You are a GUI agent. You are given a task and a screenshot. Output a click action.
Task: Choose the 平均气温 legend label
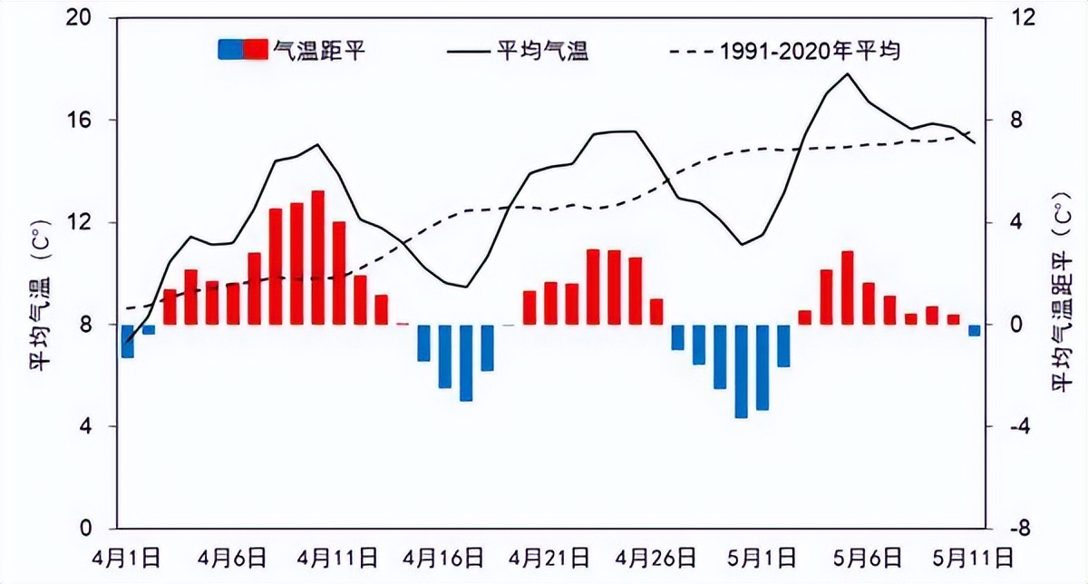pyautogui.click(x=543, y=50)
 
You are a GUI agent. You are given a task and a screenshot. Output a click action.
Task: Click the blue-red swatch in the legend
pyautogui.click(x=243, y=50)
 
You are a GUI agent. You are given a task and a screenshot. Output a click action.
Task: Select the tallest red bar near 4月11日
pyautogui.click(x=318, y=258)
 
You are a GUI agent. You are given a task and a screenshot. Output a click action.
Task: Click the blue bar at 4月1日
pyautogui.click(x=128, y=341)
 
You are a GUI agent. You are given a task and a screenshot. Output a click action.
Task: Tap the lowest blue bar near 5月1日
pyautogui.click(x=741, y=371)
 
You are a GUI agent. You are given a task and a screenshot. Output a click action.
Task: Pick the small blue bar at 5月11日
pyautogui.click(x=974, y=330)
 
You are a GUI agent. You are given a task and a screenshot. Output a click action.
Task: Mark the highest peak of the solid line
pyautogui.click(x=848, y=73)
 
